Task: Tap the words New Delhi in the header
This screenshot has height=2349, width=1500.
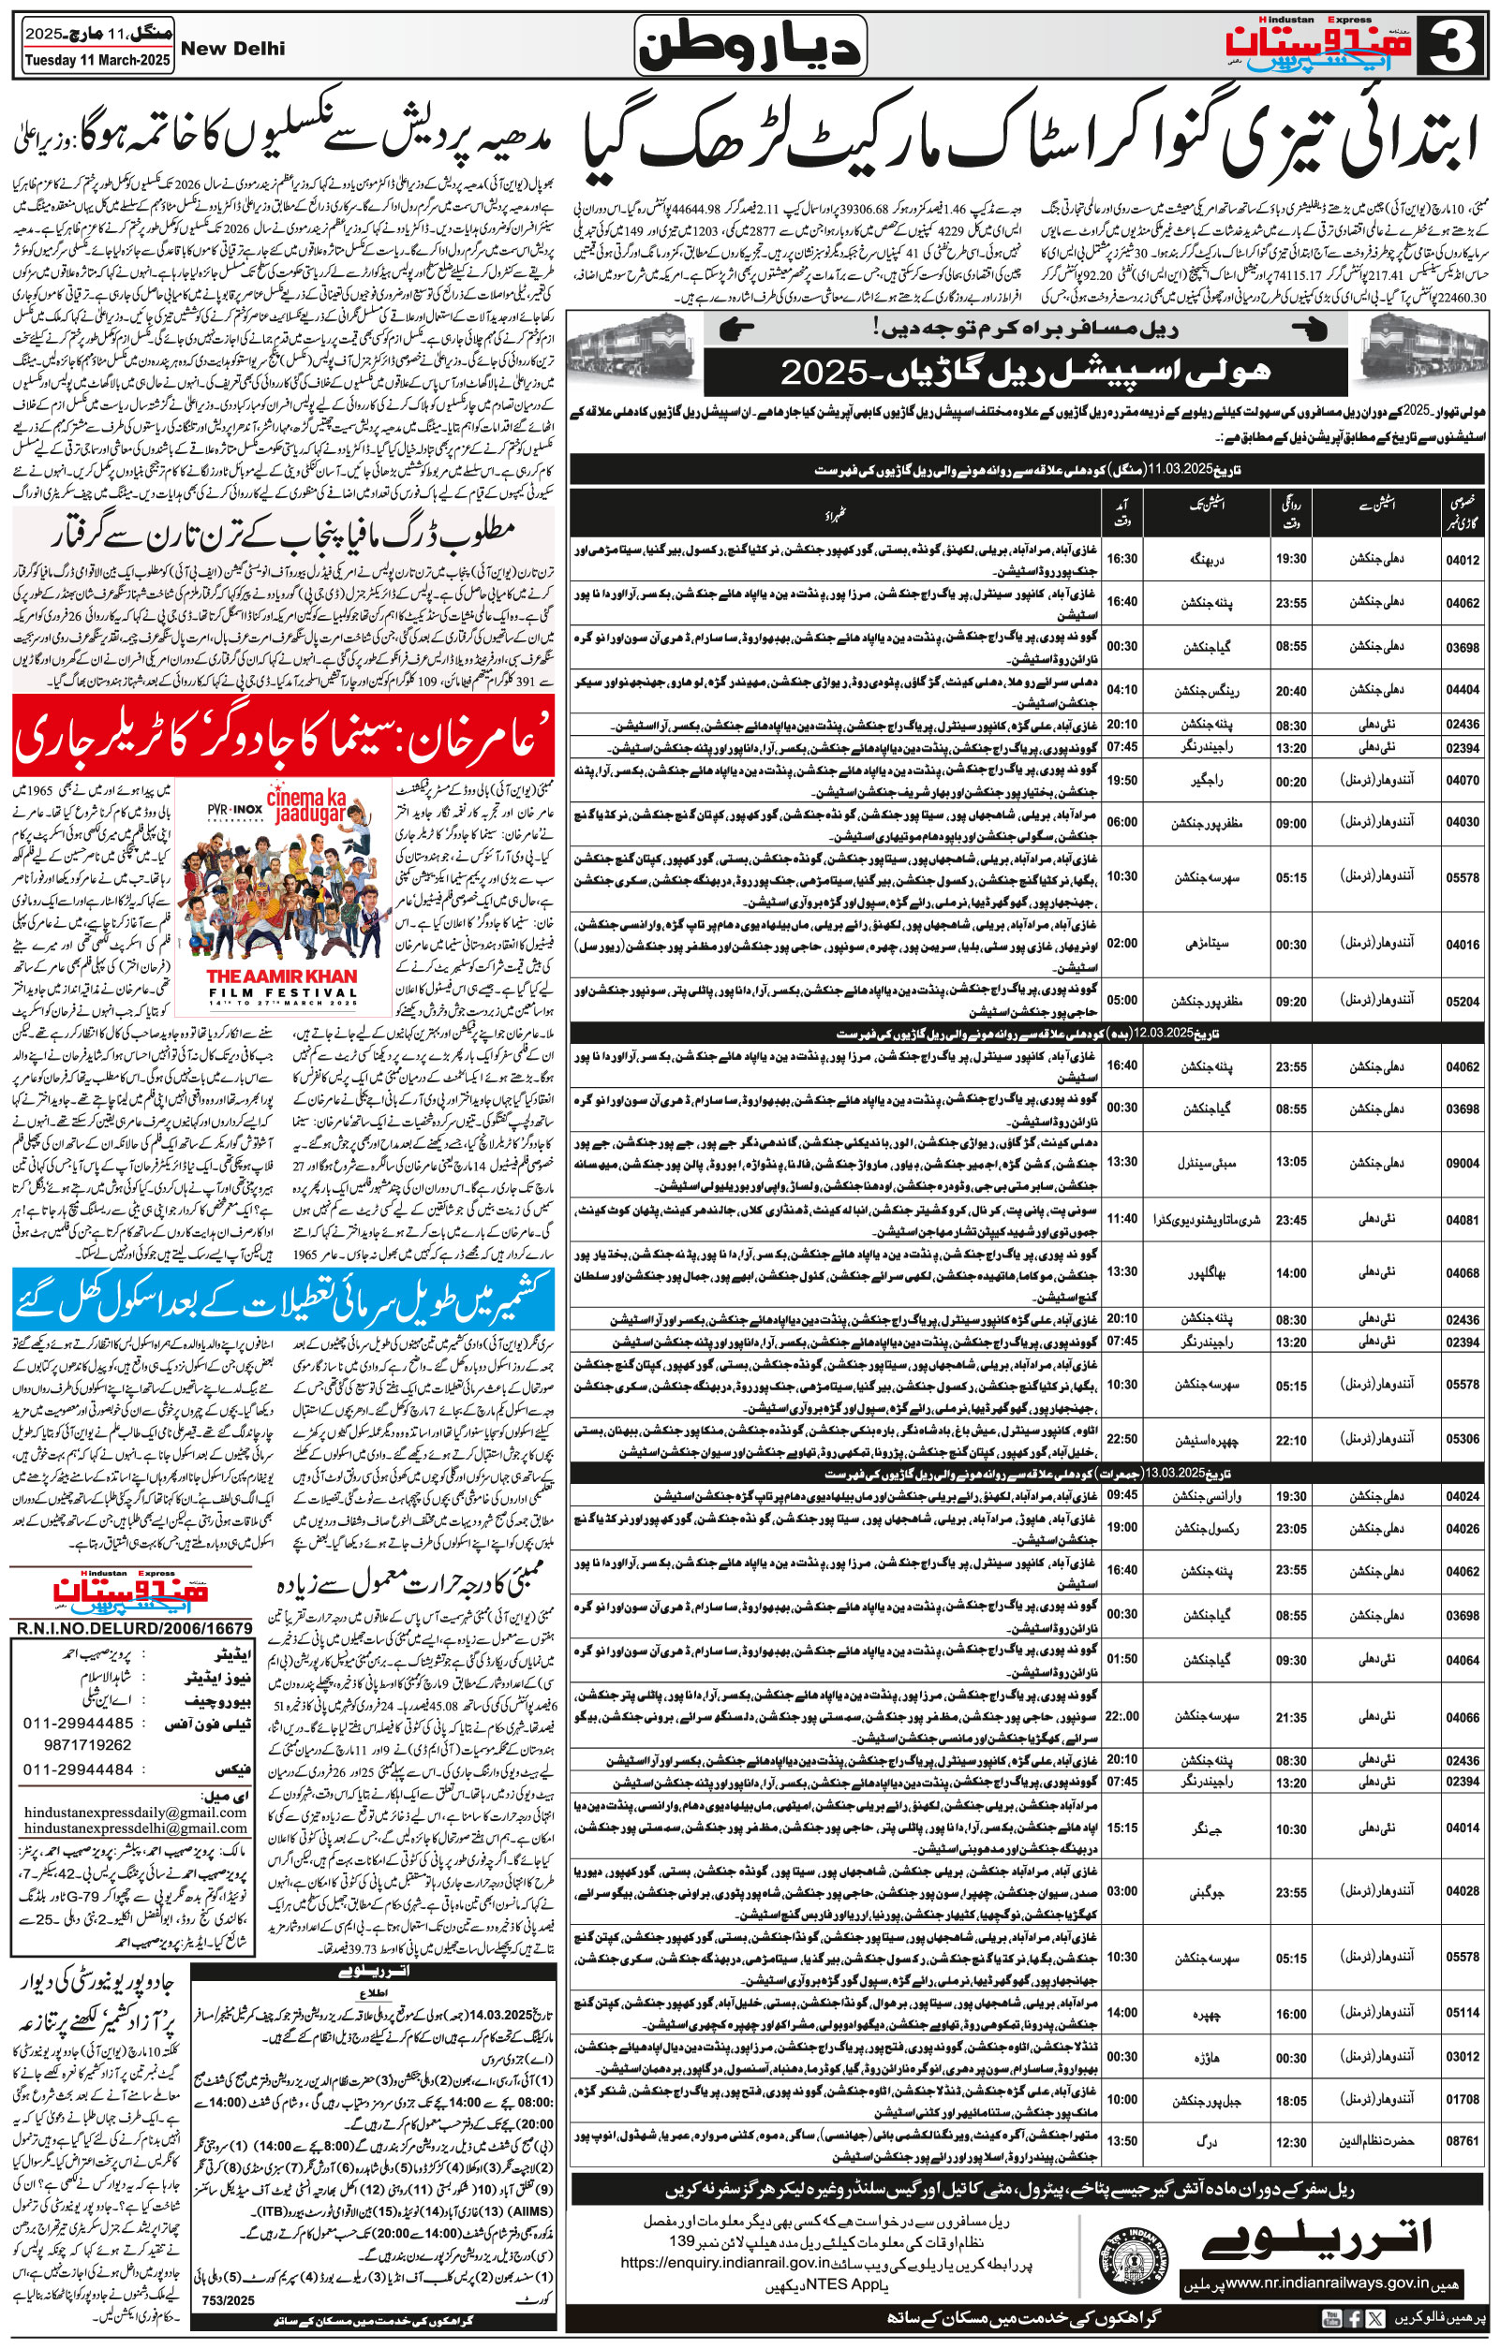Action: tap(233, 49)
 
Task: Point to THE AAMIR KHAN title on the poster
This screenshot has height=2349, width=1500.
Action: tap(282, 976)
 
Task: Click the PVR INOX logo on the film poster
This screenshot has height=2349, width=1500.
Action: tap(235, 809)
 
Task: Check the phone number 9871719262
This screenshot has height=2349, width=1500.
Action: tap(88, 1744)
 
